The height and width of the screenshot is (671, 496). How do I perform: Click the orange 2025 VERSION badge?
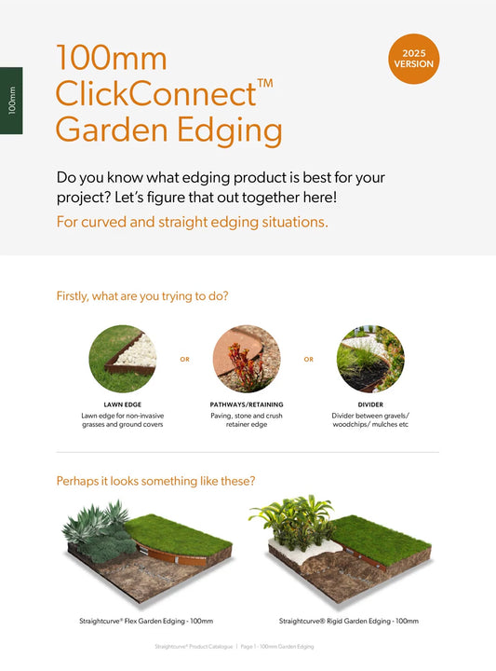[413, 59]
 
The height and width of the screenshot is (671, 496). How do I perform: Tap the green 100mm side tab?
[11, 101]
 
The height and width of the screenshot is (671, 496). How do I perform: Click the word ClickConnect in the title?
[156, 94]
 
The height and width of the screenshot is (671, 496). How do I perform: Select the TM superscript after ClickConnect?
[265, 83]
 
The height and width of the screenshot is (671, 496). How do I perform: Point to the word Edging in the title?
[230, 130]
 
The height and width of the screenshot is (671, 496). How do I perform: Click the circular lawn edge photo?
[123, 359]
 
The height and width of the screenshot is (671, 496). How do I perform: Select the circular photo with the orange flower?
[247, 359]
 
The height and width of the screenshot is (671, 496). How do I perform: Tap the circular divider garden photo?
[370, 359]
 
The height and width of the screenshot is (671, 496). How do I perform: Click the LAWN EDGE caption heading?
[123, 404]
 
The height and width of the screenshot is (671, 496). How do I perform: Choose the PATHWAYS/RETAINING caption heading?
[247, 404]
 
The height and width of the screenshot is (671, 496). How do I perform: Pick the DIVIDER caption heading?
[370, 404]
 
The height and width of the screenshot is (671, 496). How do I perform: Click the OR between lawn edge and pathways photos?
[184, 360]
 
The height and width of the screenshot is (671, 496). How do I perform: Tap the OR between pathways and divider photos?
[308, 360]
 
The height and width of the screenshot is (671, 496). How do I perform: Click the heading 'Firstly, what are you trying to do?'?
[142, 296]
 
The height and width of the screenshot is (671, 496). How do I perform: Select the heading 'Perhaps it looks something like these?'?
[155, 481]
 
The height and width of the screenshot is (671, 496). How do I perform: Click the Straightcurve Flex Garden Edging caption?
[146, 621]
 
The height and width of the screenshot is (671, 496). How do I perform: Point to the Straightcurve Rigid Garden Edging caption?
[349, 621]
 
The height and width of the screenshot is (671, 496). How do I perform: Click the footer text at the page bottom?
[235, 646]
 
